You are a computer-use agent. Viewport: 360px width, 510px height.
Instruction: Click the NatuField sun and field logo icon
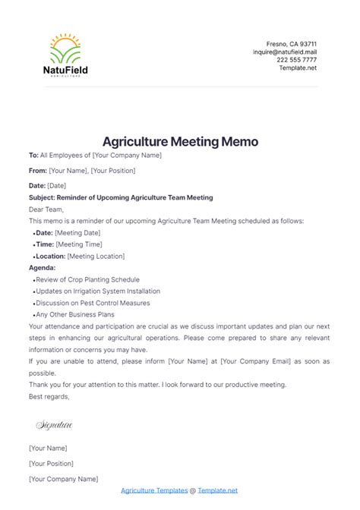point(65,49)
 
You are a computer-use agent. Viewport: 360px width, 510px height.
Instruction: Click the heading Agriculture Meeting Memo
point(180,142)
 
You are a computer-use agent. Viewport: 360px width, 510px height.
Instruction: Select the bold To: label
point(33,155)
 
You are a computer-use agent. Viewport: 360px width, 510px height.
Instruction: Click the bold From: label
point(37,171)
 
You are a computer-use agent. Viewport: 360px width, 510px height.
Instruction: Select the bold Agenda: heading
point(43,267)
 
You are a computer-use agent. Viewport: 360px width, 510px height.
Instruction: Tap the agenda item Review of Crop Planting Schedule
point(86,280)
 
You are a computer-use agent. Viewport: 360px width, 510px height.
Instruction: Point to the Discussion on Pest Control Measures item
point(93,303)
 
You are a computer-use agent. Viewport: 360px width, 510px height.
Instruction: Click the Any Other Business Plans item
point(75,314)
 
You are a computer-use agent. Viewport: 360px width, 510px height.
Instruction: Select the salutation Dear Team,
point(47,209)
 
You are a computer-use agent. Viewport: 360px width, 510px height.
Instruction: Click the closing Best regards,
point(49,395)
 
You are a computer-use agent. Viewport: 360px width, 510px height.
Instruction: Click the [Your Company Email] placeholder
point(258,361)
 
